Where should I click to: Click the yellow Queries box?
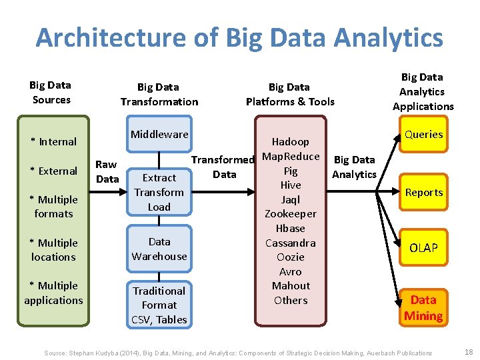pyautogui.click(x=423, y=135)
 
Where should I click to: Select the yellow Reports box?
pyautogui.click(x=423, y=193)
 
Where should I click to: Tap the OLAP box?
pyautogui.click(x=423, y=248)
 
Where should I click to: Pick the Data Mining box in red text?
pyautogui.click(x=423, y=308)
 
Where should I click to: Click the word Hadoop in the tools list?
pyautogui.click(x=291, y=141)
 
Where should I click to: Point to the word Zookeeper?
pyautogui.click(x=291, y=214)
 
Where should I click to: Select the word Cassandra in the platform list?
pyautogui.click(x=291, y=243)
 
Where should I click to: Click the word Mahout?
pyautogui.click(x=291, y=285)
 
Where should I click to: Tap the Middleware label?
pyautogui.click(x=159, y=134)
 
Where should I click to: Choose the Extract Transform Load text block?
pyautogui.click(x=159, y=192)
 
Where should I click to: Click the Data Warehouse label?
pyautogui.click(x=159, y=249)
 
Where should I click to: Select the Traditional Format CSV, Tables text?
pyautogui.click(x=159, y=305)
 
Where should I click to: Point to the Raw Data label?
pyautogui.click(x=107, y=171)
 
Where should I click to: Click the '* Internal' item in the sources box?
pyautogui.click(x=53, y=141)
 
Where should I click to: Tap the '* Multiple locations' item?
pyautogui.click(x=53, y=250)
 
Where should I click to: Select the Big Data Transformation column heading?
pyautogui.click(x=159, y=94)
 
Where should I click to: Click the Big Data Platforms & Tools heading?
pyautogui.click(x=290, y=94)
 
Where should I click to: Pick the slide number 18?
pyautogui.click(x=468, y=352)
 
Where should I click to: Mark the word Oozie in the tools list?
pyautogui.click(x=291, y=257)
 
